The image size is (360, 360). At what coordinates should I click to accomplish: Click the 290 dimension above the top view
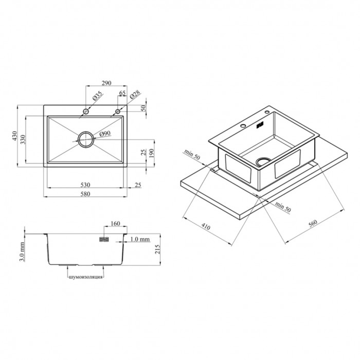point(106,83)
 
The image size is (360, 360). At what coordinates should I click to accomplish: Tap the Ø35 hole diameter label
point(97,96)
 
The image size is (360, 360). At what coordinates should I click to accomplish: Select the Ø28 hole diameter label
point(135,95)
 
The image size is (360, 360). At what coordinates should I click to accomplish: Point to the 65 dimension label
point(122,93)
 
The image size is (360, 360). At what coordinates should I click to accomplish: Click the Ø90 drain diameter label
point(105,133)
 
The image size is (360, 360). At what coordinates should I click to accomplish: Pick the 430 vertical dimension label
point(14,136)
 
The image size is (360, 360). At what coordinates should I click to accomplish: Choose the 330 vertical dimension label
point(23,139)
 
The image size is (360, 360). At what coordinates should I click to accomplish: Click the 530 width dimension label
point(85,185)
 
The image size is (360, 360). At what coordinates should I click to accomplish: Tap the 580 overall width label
point(85,194)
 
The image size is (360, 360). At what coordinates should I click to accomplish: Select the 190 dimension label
point(151,153)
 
